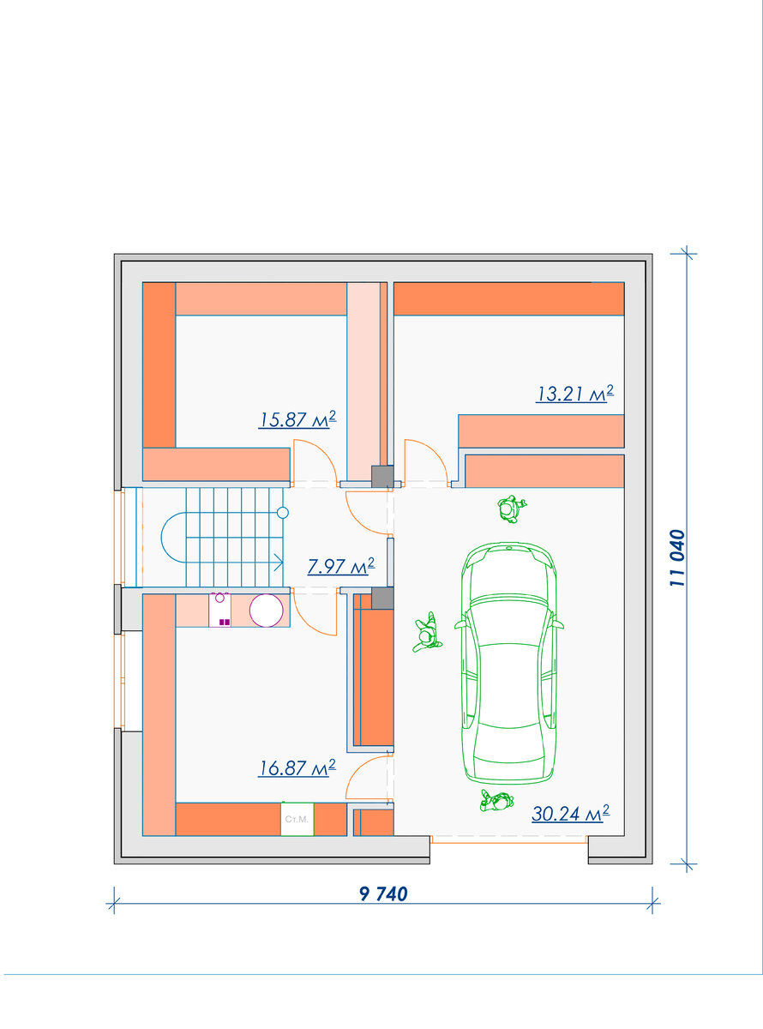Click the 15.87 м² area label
297,419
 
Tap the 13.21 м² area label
574,394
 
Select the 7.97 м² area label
341,566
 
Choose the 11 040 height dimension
677,558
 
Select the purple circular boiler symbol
267,610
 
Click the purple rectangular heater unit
219,610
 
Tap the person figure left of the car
427,633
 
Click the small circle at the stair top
283,513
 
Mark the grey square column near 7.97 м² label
382,598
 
